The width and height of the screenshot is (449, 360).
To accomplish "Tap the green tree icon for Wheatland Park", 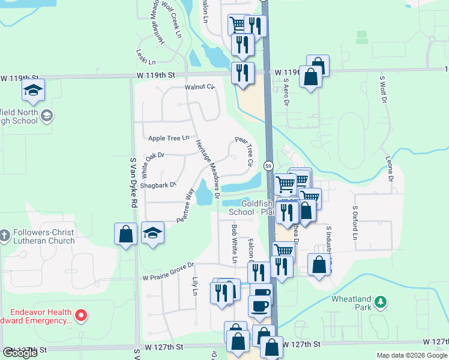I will pos(380,302).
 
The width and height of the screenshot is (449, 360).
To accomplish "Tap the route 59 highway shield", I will pos(268,165).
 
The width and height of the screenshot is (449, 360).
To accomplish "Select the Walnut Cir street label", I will pos(200,87).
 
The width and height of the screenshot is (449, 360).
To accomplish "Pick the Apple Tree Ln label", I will pos(169,139).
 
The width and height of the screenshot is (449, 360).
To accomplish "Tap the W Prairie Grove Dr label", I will pos(169,265).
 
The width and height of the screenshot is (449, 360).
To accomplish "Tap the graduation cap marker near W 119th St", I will pos(33,91).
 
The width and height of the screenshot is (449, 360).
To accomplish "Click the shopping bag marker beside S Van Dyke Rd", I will pos(126,233).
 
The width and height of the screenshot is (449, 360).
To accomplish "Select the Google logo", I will pos(20,353).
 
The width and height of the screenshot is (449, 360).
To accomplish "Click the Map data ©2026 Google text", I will pos(412,355).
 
